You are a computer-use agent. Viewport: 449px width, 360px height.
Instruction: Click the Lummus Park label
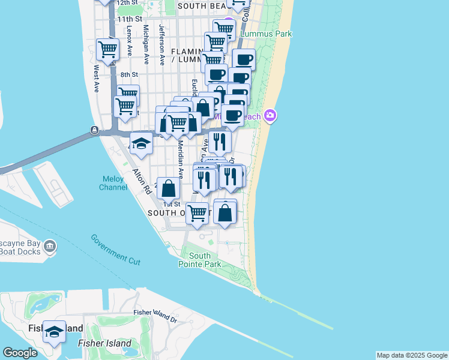coord(266,34)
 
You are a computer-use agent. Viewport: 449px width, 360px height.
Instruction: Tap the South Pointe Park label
coord(200,260)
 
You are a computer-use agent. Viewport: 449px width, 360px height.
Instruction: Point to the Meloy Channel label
coord(113,183)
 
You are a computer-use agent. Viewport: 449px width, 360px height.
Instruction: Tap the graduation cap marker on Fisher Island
coord(55,333)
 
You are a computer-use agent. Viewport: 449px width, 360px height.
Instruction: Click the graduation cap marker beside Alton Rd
coord(141,145)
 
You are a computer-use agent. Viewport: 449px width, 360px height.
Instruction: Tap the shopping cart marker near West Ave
coord(108,50)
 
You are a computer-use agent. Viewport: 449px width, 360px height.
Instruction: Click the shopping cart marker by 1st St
coord(197,212)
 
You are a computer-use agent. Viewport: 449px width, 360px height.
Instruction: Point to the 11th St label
coord(130,19)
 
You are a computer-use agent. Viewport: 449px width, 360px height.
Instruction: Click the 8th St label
coord(129,74)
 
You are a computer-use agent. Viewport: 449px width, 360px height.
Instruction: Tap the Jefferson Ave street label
coord(161,44)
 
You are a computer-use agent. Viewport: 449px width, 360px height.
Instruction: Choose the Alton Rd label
coord(142,184)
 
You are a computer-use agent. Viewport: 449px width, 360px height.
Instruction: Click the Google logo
coord(20,353)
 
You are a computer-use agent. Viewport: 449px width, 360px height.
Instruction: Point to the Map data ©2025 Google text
coord(412,355)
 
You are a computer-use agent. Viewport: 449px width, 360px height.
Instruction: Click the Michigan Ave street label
coord(146,44)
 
